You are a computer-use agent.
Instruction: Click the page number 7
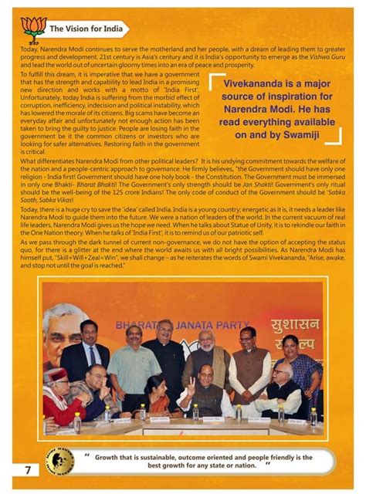coord(27,469)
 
